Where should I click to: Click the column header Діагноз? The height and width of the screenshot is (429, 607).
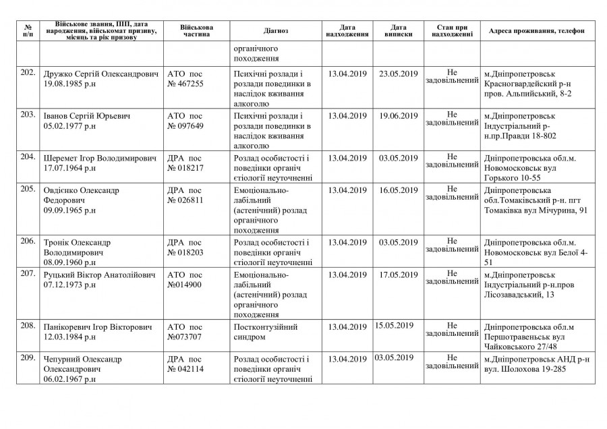[276, 32]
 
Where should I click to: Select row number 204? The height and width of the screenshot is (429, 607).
[28, 157]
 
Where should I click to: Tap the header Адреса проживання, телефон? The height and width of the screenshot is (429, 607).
[537, 32]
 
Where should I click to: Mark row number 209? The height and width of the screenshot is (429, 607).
[28, 357]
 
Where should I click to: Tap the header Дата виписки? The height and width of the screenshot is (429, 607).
[399, 32]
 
